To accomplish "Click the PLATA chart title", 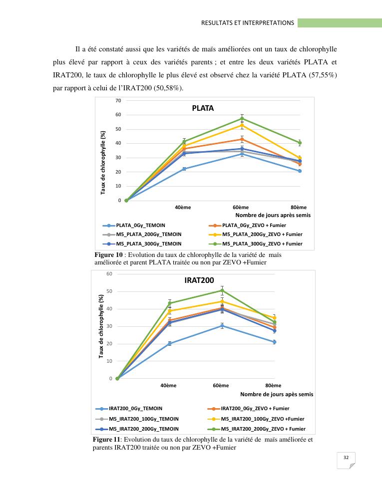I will pos(203,108).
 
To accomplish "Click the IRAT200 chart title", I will pos(199,280).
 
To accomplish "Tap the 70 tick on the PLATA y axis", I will pos(118,101).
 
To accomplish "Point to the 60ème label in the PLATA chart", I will pos(241,207).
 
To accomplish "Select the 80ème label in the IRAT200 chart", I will pos(273,385).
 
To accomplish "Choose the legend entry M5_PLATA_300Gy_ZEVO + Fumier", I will pos(262,244).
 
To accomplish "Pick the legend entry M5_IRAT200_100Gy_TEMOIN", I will pos(143,419).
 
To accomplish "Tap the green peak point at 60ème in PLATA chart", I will pos(242,118).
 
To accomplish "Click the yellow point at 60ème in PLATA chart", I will pos(242,125).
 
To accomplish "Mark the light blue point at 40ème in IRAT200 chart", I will pos(170,343).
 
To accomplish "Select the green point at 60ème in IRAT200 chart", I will pos(222,290).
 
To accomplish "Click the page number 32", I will pos(346,458).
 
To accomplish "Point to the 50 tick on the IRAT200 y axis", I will pos(109,291).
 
